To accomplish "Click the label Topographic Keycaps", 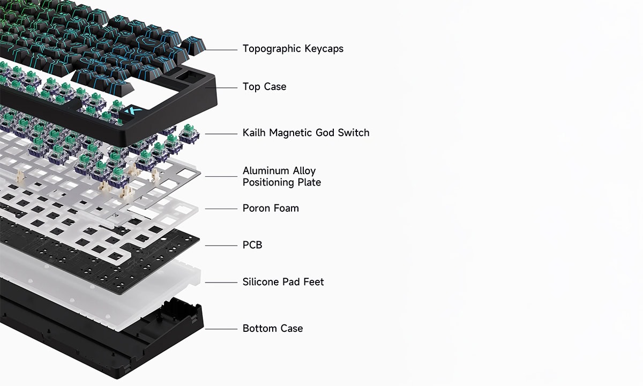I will coord(293,49).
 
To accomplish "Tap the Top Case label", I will coord(264,87).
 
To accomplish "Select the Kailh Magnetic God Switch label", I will coord(305,133).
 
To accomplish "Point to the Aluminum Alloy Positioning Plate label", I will coord(281,176).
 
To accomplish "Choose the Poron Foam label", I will coord(271,208).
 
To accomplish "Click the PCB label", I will coord(252,245).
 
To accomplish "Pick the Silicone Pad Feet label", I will coord(283,282).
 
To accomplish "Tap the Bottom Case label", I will coord(272,329).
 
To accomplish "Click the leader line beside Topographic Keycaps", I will coord(221,50).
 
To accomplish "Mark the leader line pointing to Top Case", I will coord(226,87).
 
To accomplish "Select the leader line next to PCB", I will coord(221,246).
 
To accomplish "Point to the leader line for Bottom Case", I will coord(221,329).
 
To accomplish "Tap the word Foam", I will coord(286,208).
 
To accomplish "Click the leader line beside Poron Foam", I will coord(221,209).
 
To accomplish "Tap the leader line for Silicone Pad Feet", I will coord(221,283).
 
